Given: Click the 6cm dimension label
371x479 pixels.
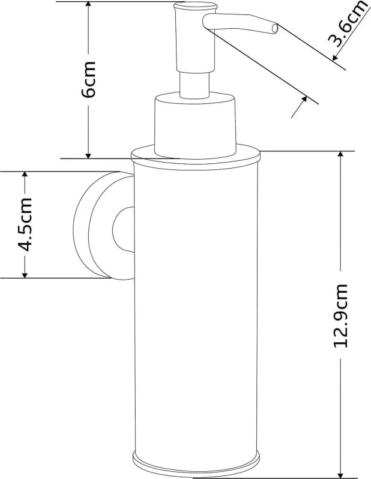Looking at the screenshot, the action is click(89, 79).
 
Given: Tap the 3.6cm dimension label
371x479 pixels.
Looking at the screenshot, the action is click(347, 25).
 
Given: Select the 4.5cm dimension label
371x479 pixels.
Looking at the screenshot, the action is click(25, 224).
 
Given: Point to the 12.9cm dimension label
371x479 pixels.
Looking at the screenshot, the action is click(340, 316).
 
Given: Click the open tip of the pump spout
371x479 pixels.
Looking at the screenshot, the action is click(275, 29).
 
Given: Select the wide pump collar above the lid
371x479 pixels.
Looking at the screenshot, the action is click(195, 125).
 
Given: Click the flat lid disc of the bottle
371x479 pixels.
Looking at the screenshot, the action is click(196, 158).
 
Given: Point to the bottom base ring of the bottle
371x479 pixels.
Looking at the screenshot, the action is click(196, 465).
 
